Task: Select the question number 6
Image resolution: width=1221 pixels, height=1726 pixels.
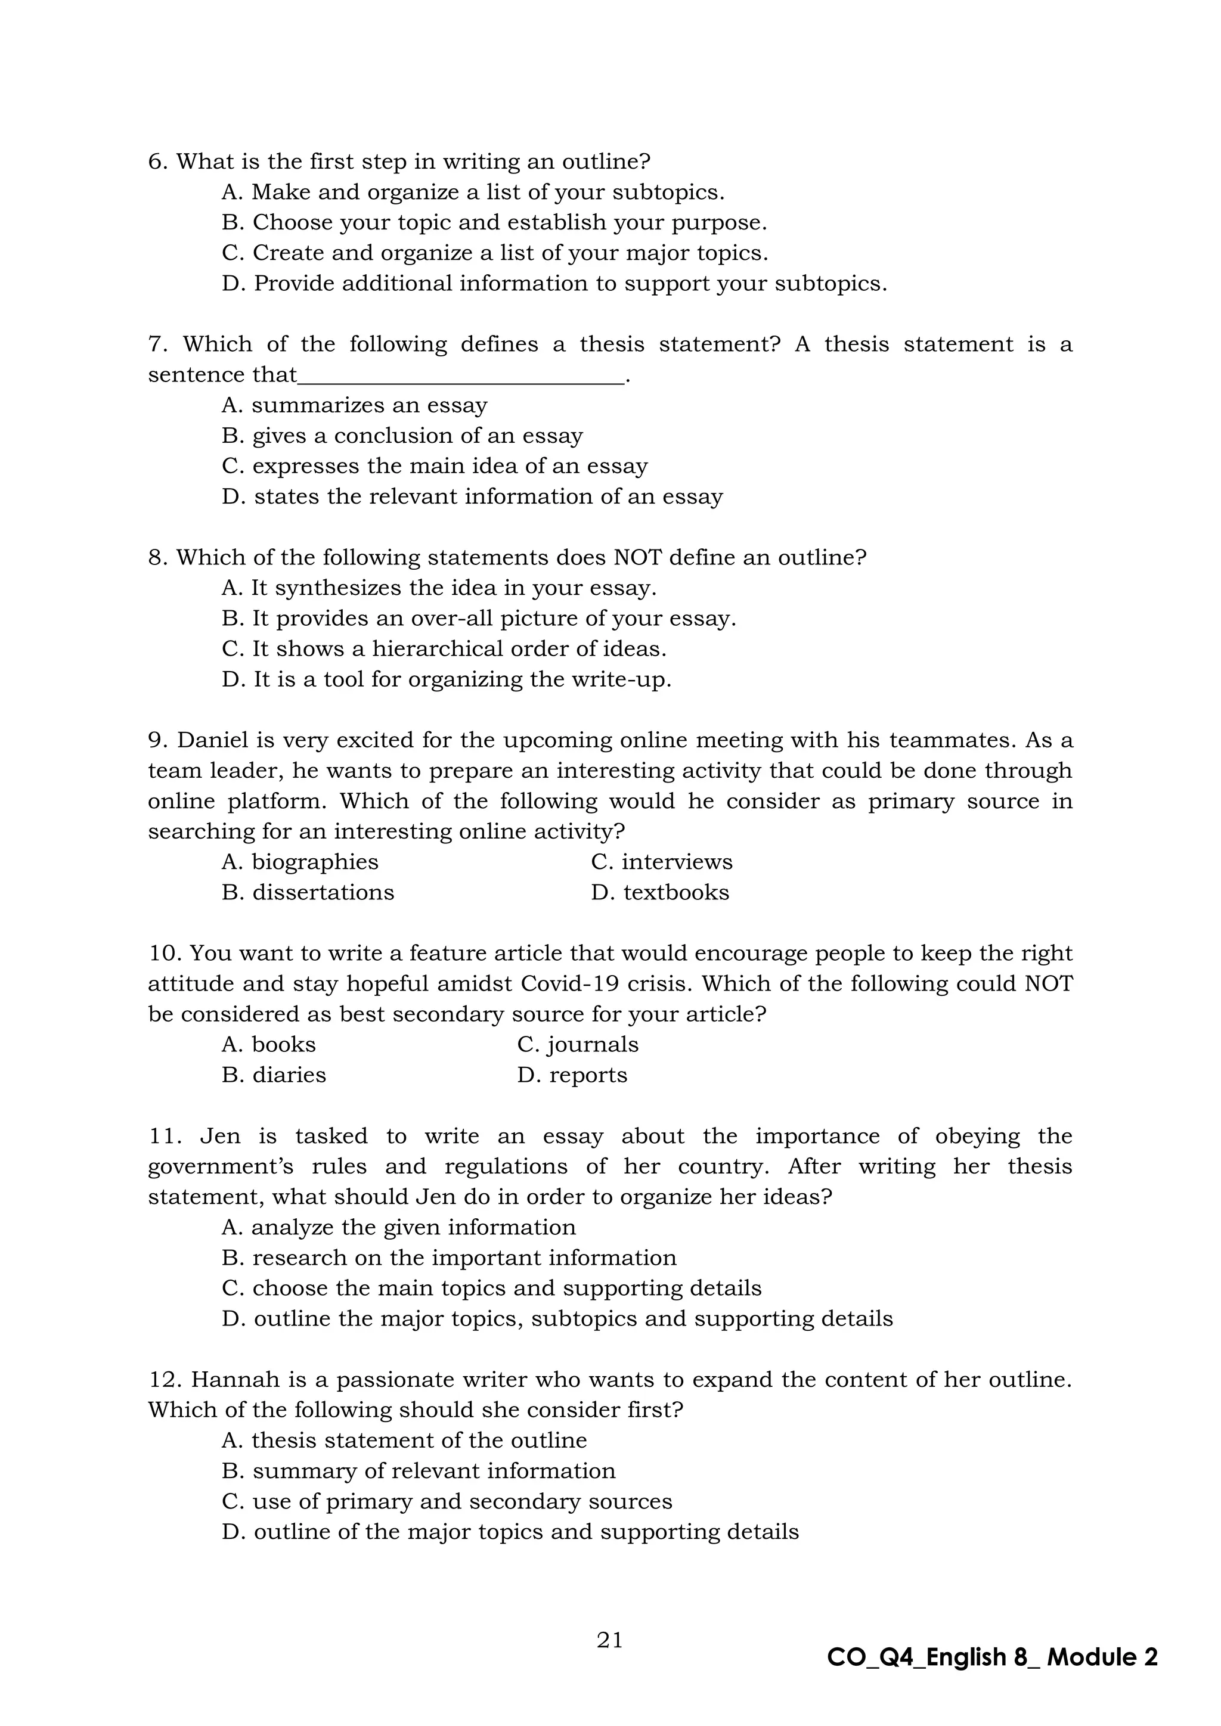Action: click(x=157, y=162)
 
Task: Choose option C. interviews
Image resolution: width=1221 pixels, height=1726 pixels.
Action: click(x=662, y=862)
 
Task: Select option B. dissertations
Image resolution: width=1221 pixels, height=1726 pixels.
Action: click(x=308, y=892)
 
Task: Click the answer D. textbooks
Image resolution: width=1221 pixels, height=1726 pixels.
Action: click(x=660, y=892)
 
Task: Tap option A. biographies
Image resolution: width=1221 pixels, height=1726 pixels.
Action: click(x=300, y=862)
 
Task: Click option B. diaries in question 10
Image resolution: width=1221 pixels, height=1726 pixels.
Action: click(x=274, y=1075)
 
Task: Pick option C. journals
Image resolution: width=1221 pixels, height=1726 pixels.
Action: click(x=578, y=1045)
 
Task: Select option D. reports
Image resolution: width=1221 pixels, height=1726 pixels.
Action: click(x=572, y=1075)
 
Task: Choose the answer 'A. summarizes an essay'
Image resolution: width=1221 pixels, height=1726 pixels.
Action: click(x=354, y=406)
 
